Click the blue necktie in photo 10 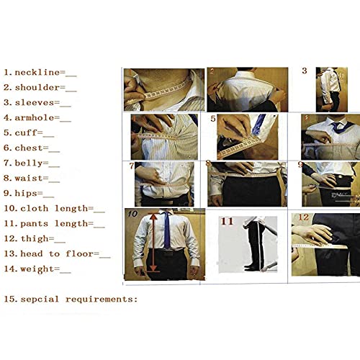point(166,229)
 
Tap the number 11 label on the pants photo point(227,221)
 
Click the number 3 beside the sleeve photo point(304,71)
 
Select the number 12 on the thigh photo point(303,217)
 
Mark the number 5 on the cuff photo point(214,119)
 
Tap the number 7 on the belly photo point(132,166)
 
